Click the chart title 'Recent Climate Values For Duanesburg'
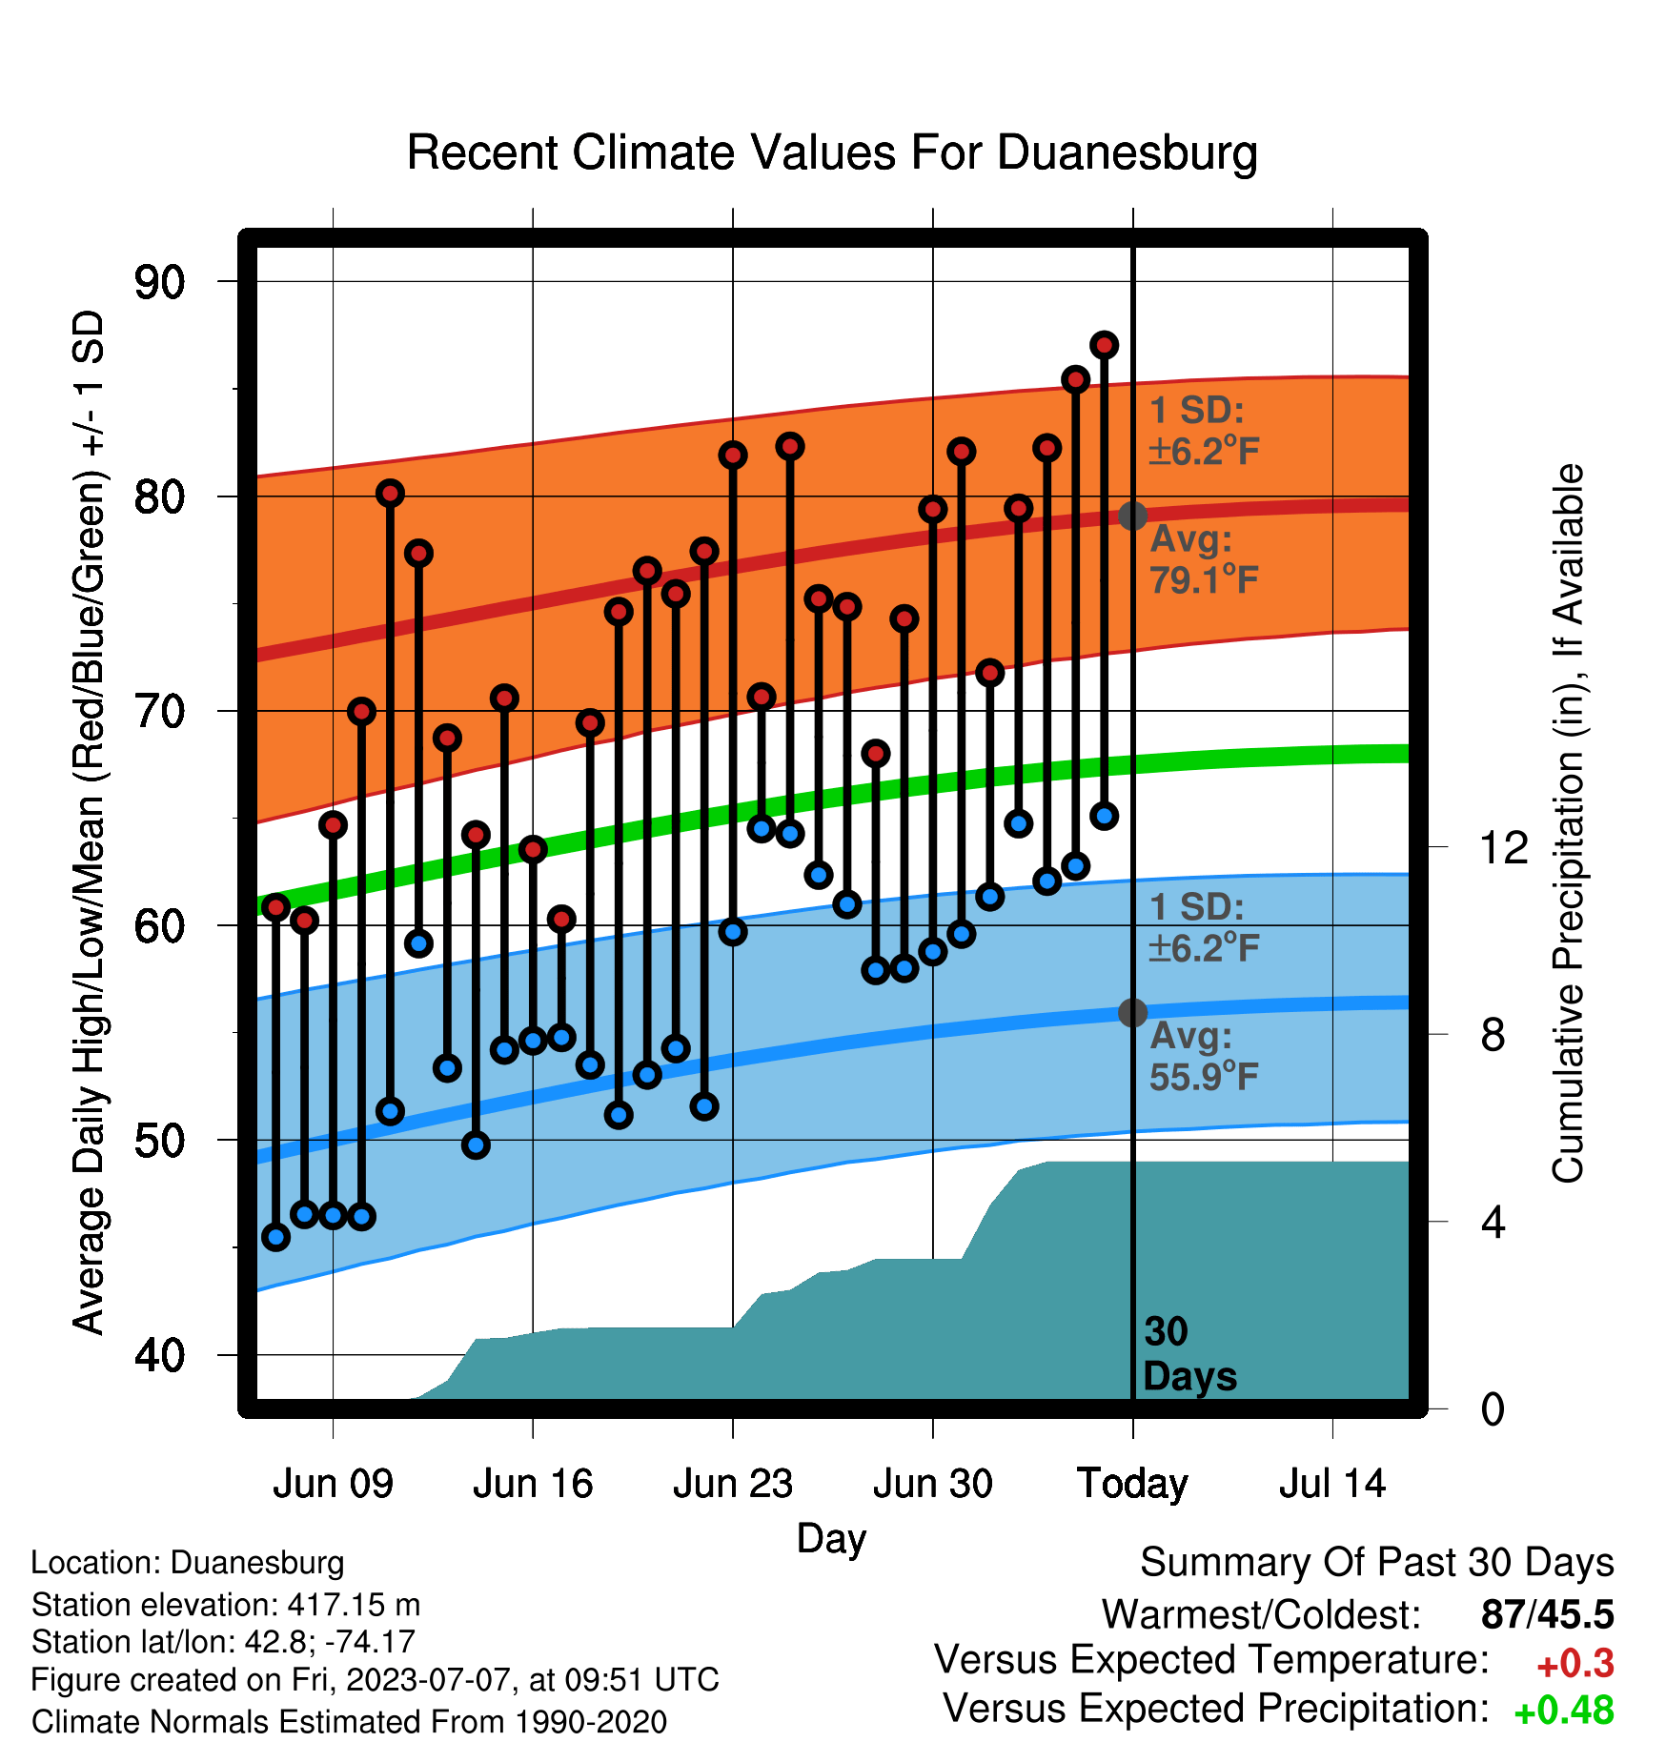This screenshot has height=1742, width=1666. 832,152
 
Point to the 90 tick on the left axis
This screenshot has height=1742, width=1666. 160,282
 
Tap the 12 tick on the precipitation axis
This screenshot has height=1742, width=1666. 1503,847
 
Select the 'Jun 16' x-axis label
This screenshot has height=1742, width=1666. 533,1484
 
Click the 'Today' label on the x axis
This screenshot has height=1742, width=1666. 1132,1485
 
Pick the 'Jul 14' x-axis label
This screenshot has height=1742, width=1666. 1332,1484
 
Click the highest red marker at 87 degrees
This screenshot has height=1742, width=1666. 1104,345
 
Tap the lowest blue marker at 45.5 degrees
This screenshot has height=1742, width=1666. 275,1237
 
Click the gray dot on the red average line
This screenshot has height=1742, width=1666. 1132,516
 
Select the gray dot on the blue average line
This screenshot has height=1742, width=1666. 1132,1012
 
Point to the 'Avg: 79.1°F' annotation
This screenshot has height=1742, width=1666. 1205,559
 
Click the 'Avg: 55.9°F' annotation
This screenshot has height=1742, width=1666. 1205,1056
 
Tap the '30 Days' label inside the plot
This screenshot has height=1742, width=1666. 1189,1354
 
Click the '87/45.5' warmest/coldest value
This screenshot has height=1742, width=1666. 1548,1614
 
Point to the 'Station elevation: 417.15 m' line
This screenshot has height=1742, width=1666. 226,1605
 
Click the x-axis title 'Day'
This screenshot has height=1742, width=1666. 832,1539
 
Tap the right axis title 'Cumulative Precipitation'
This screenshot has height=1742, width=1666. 1568,822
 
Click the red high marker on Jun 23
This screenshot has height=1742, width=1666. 733,455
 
